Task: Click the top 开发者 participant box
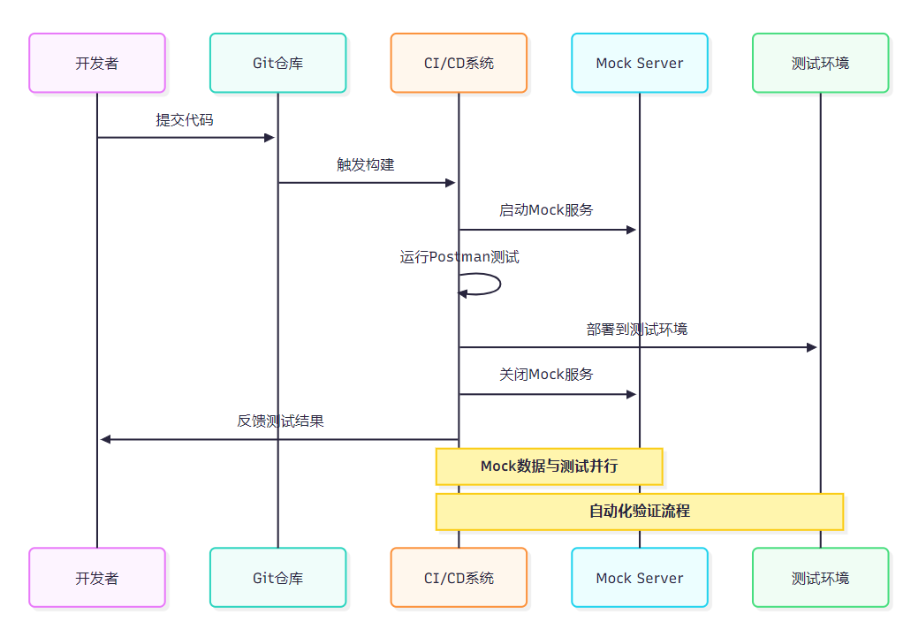(97, 63)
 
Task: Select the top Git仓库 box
(277, 63)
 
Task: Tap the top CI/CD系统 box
(459, 63)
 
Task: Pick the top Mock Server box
(640, 63)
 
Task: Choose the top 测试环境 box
(820, 63)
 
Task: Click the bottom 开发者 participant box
(97, 578)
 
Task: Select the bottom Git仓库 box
(277, 578)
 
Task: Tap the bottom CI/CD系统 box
(459, 578)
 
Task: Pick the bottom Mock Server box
(640, 578)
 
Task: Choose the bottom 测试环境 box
(820, 578)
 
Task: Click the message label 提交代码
(185, 120)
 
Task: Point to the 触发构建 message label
(366, 165)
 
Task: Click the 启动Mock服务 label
(546, 210)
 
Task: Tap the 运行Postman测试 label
(459, 257)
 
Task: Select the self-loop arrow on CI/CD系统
(499, 284)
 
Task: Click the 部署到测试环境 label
(637, 330)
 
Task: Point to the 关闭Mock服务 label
(546, 375)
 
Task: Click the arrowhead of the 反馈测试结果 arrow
(105, 440)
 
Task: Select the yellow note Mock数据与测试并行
(549, 466)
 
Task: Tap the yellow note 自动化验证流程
(640, 512)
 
